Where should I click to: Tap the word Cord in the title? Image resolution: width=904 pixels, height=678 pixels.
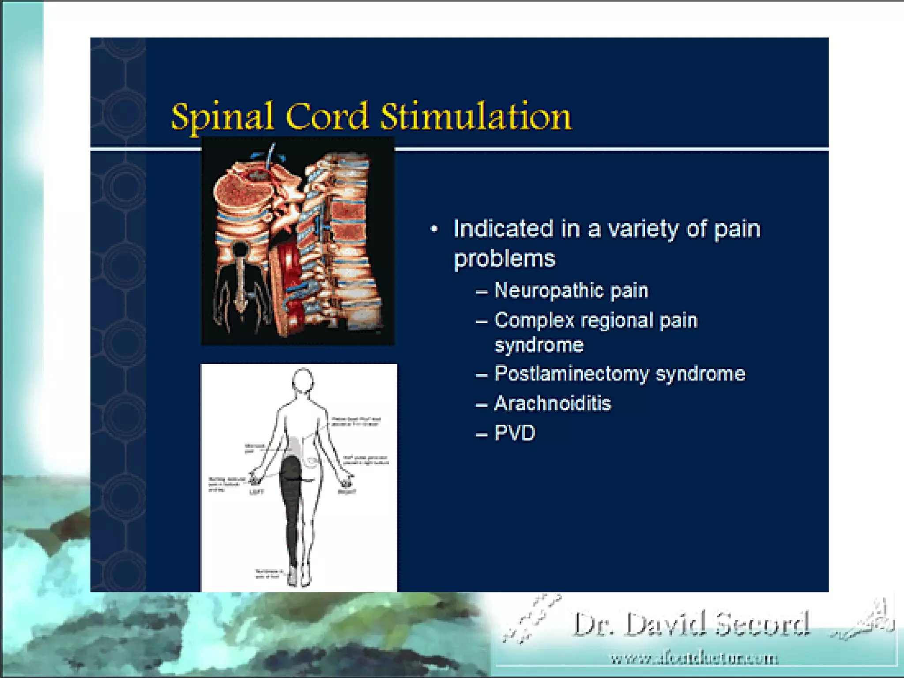(x=327, y=116)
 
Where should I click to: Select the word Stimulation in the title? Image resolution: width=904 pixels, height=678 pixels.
(x=475, y=116)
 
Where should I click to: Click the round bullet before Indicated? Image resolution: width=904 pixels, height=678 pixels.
(x=434, y=229)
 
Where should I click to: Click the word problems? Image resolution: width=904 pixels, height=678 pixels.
(x=504, y=259)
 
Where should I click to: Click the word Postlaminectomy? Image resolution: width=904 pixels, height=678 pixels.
(x=571, y=374)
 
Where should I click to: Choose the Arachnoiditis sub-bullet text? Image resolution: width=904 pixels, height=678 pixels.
(x=552, y=403)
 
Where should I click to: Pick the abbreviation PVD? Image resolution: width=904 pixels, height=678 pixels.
(x=515, y=433)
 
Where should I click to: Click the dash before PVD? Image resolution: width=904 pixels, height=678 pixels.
(x=481, y=434)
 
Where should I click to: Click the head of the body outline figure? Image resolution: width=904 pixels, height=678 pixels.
(x=303, y=380)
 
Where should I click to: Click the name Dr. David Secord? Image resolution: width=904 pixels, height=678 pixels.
(x=691, y=624)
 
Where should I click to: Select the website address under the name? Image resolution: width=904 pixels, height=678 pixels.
(x=694, y=658)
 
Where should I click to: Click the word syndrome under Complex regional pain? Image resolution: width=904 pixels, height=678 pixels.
(x=539, y=345)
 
